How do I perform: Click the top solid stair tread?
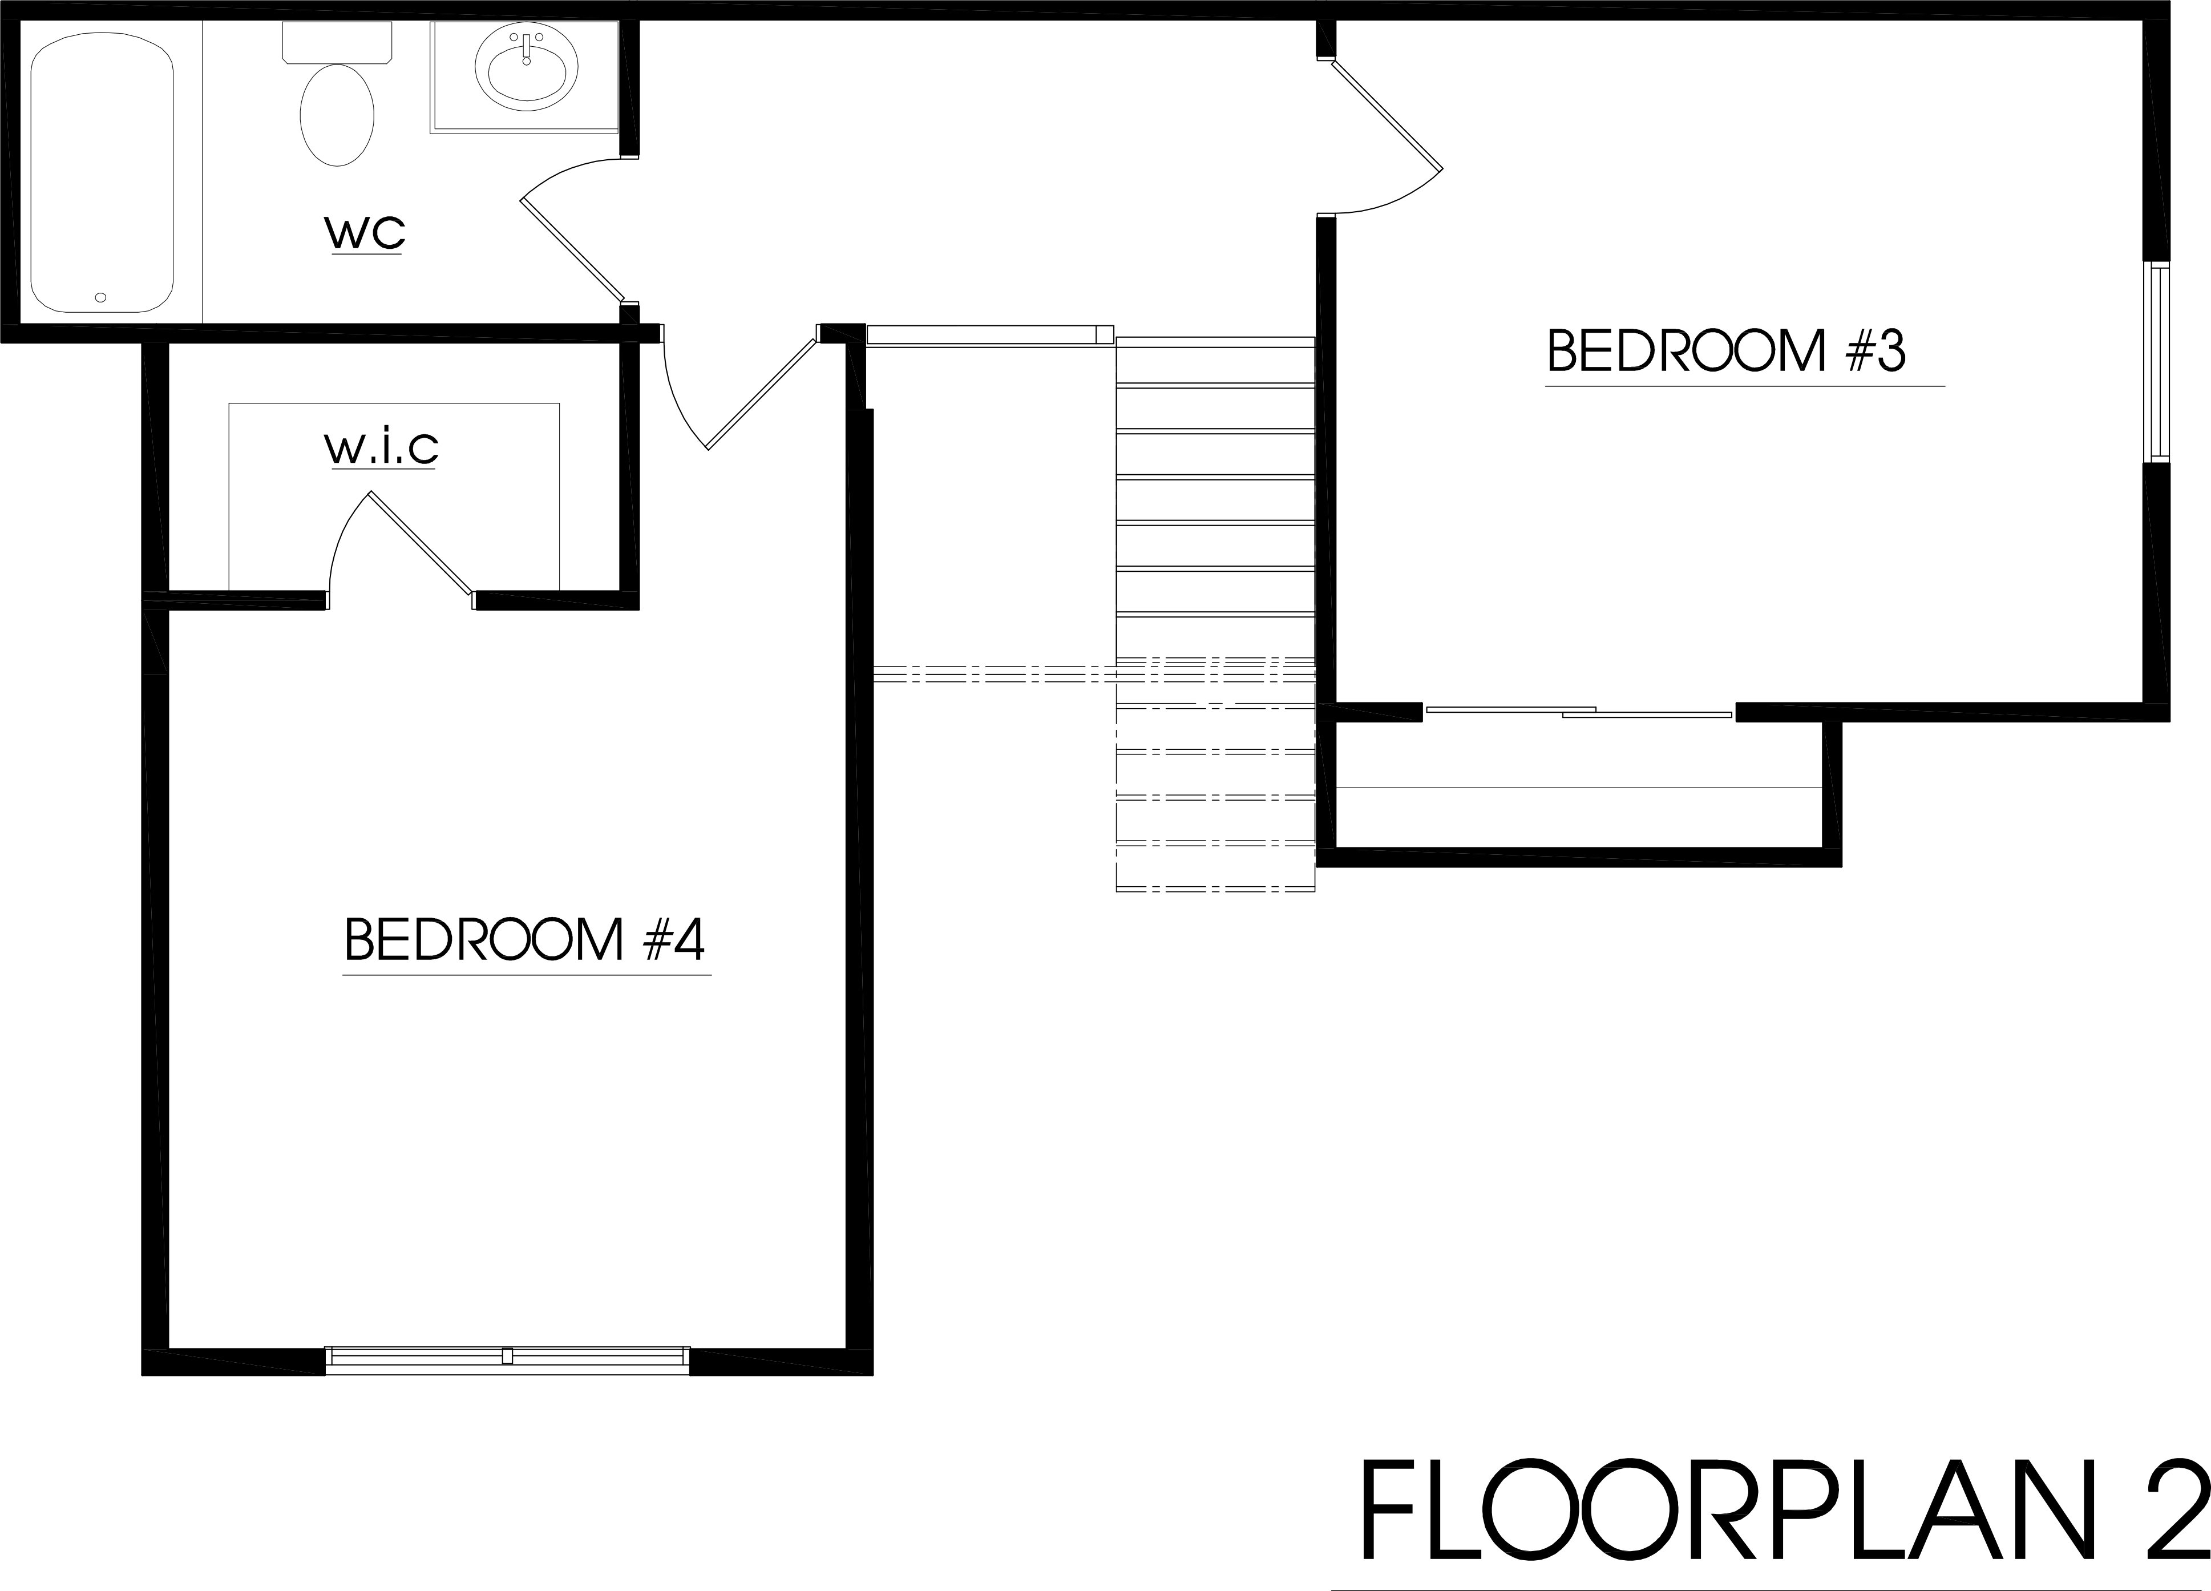click(x=1215, y=361)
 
